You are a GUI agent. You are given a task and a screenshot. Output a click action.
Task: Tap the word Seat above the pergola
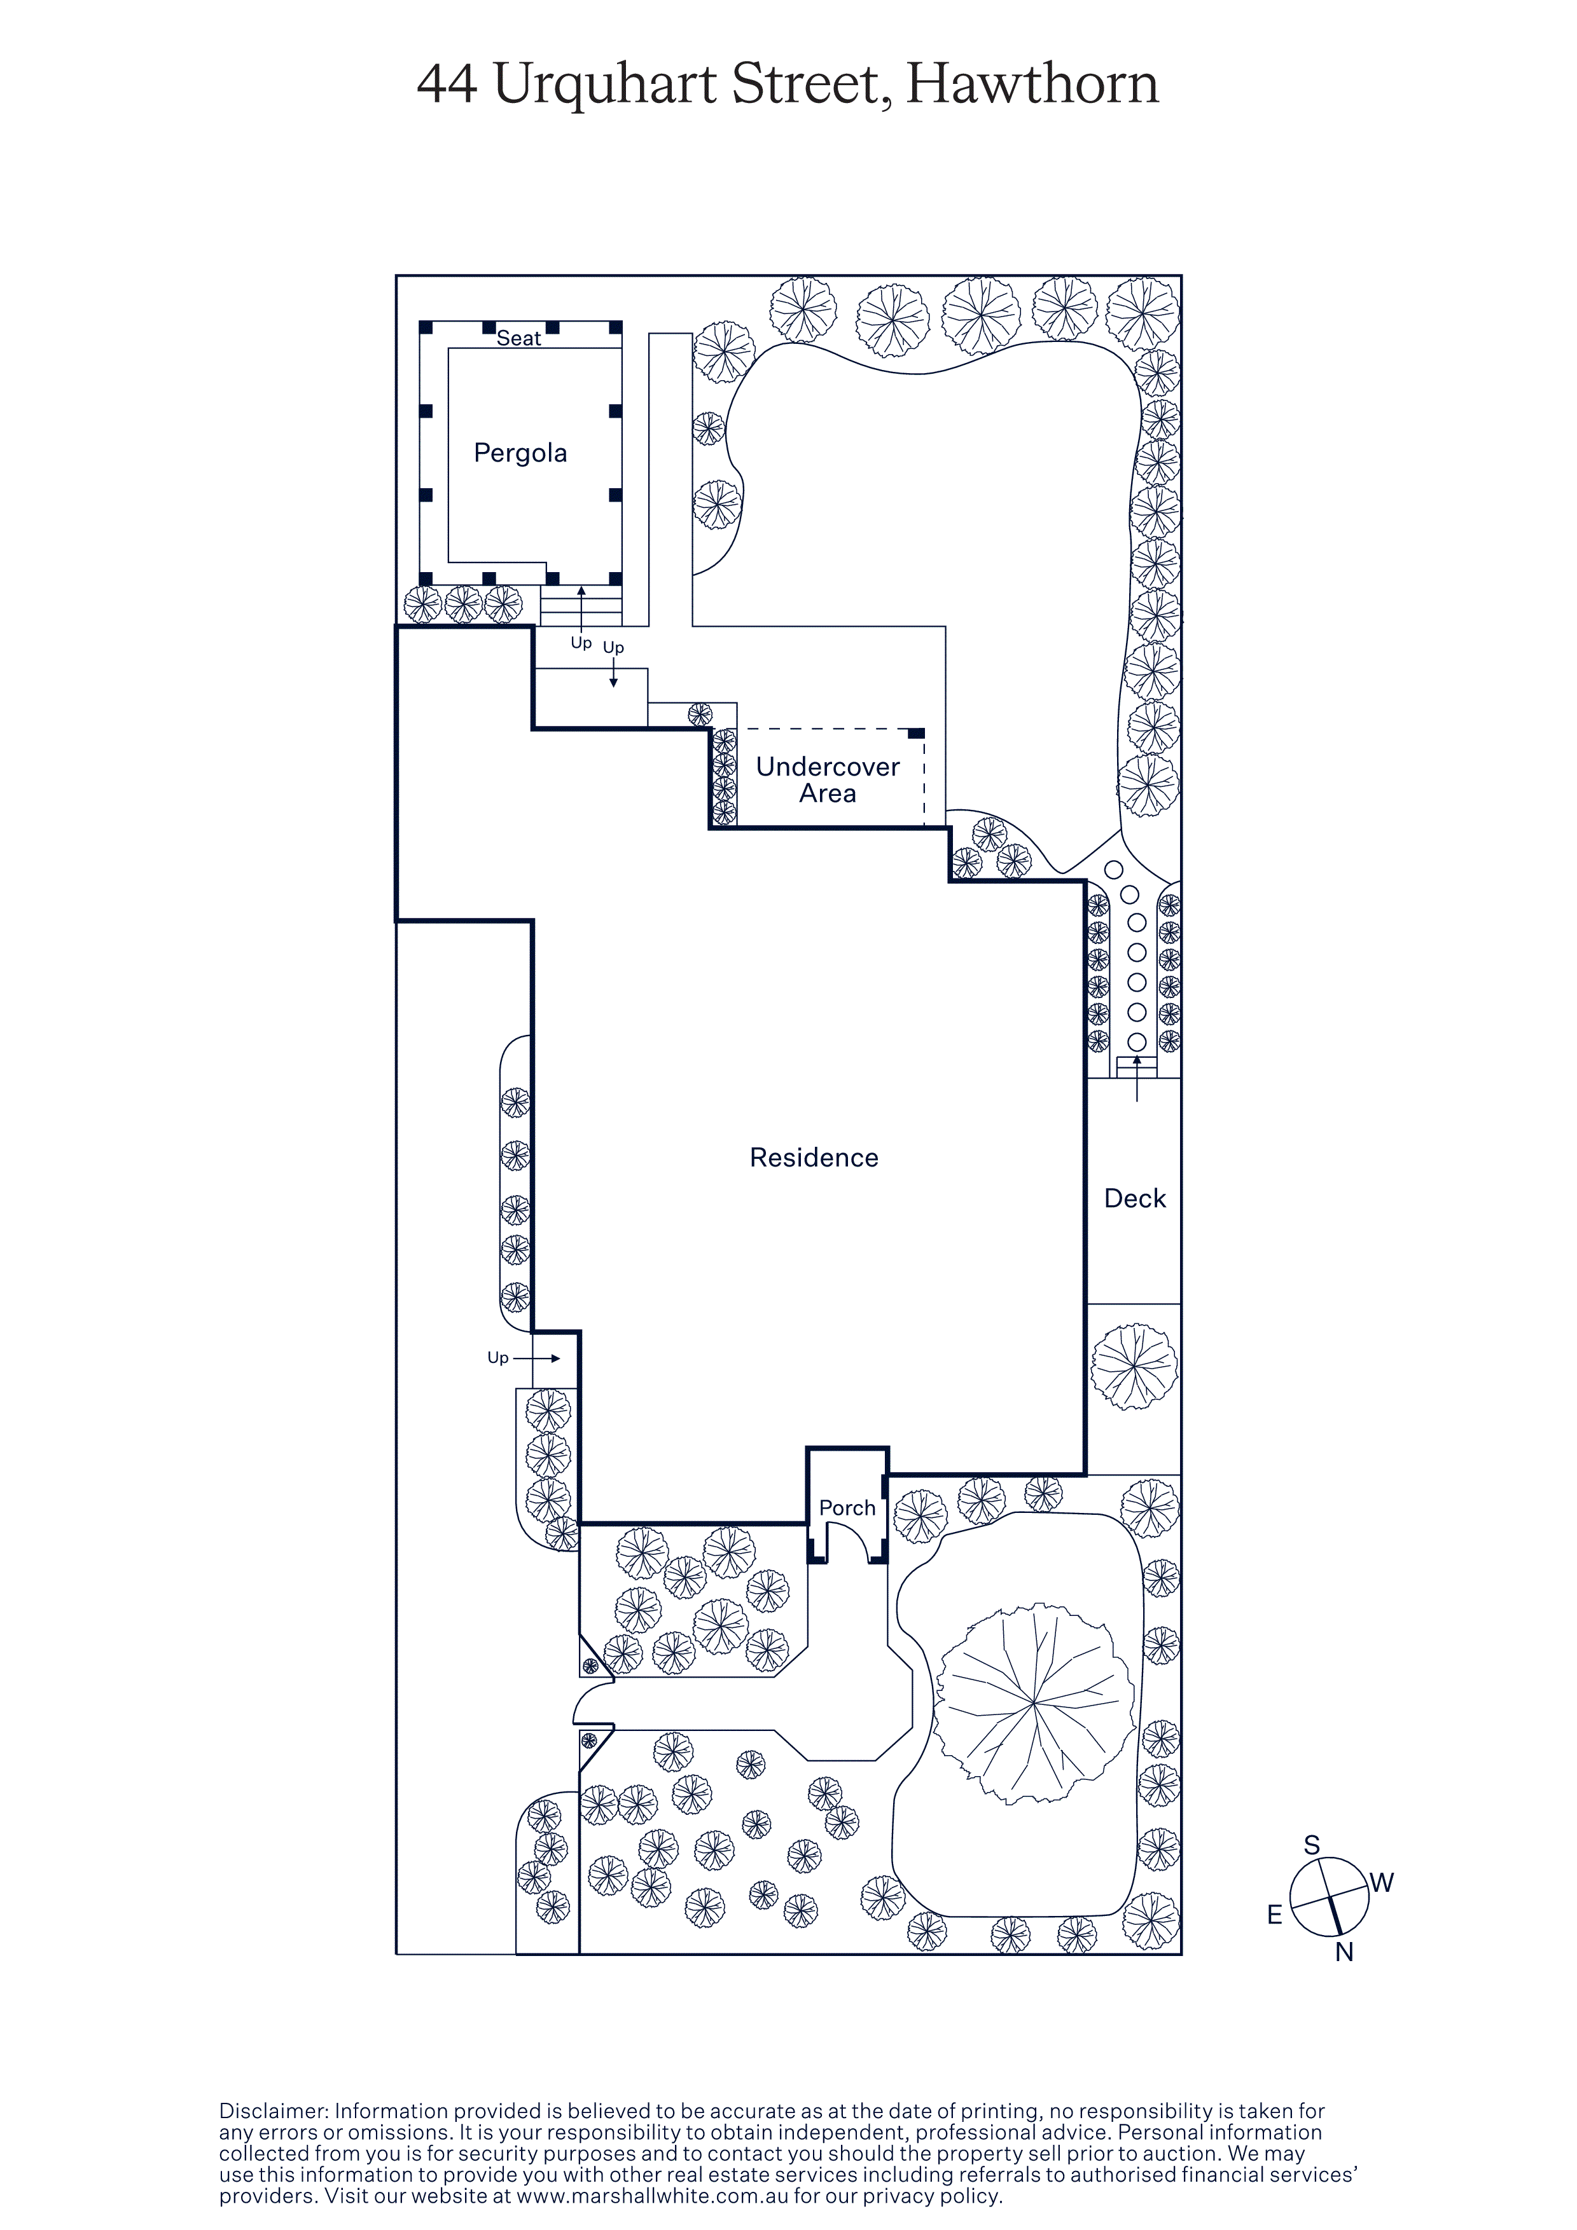(519, 338)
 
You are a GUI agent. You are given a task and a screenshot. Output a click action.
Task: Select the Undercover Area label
(828, 780)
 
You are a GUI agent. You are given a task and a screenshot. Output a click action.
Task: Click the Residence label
(814, 1158)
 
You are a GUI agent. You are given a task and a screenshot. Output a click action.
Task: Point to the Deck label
(1135, 1198)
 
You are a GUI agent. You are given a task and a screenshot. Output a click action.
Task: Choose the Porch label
(847, 1508)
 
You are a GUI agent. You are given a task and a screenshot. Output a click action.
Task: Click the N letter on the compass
(1345, 1952)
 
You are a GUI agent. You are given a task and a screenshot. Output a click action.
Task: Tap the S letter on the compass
(1312, 1845)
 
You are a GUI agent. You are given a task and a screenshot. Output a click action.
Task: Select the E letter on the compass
(1275, 1915)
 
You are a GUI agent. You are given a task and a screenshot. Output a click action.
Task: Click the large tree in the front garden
(1034, 1704)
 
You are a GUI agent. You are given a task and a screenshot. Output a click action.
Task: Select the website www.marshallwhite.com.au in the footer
(653, 2196)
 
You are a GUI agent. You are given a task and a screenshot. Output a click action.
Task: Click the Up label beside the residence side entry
(497, 1358)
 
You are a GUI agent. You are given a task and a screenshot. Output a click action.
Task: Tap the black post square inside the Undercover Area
(916, 734)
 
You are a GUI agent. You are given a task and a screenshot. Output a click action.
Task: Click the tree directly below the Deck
(1134, 1367)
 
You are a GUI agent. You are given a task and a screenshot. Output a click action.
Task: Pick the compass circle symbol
(1330, 1897)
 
